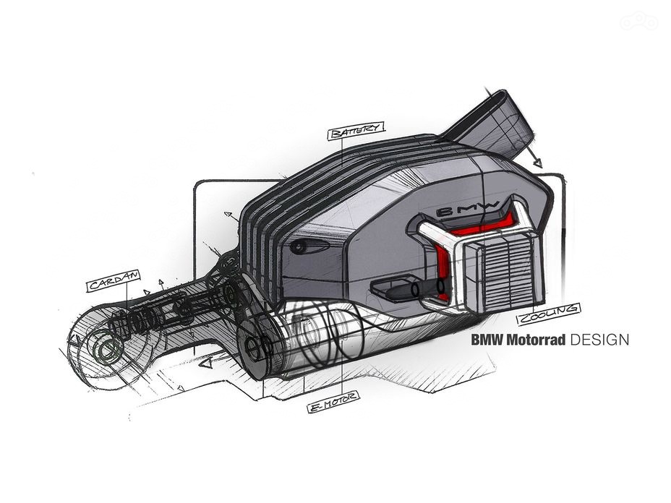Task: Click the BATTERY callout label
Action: point(356,131)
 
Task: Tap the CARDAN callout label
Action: point(114,280)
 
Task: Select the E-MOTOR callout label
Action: point(333,402)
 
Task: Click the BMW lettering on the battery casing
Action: point(467,209)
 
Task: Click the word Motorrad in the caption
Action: point(536,340)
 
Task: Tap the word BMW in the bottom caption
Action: point(487,340)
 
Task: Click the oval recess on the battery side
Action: point(309,246)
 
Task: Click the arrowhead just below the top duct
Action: point(537,163)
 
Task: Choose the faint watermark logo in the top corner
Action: point(639,20)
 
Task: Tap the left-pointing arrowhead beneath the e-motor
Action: point(206,364)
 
